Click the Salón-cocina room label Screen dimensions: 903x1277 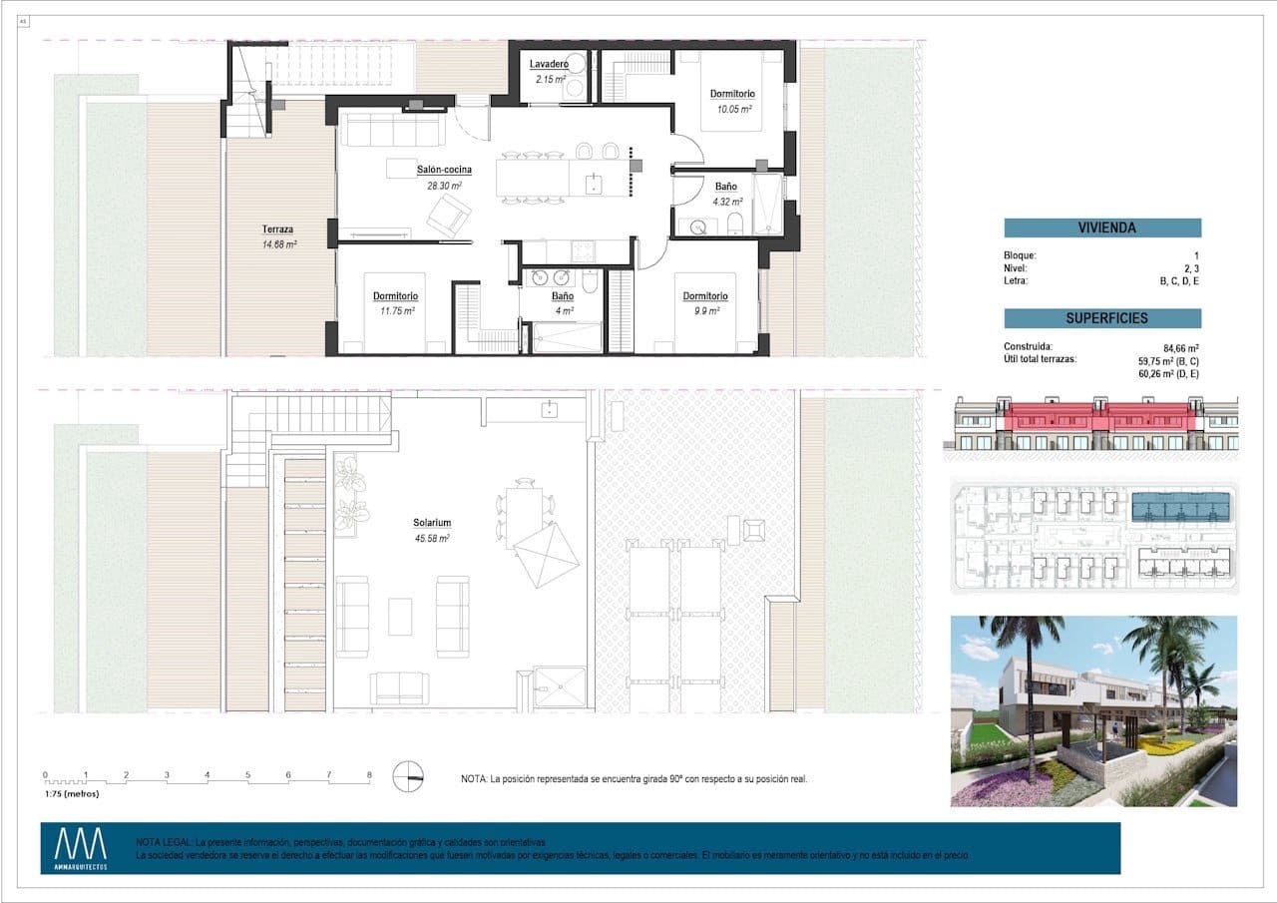point(444,170)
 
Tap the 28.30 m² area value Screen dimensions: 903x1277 point(444,186)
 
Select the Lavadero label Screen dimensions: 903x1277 point(549,65)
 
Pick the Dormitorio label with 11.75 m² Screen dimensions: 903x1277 point(395,296)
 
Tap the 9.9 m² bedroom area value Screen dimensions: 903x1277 point(704,310)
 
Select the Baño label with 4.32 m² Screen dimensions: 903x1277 point(725,187)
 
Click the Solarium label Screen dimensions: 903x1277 point(433,523)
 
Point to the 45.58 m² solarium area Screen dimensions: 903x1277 point(433,538)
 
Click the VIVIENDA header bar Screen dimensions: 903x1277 point(1102,227)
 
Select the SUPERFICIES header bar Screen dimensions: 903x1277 point(1102,318)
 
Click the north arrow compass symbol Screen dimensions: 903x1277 point(408,776)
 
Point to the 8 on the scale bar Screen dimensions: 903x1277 point(369,774)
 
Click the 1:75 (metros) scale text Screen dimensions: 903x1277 point(71,794)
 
